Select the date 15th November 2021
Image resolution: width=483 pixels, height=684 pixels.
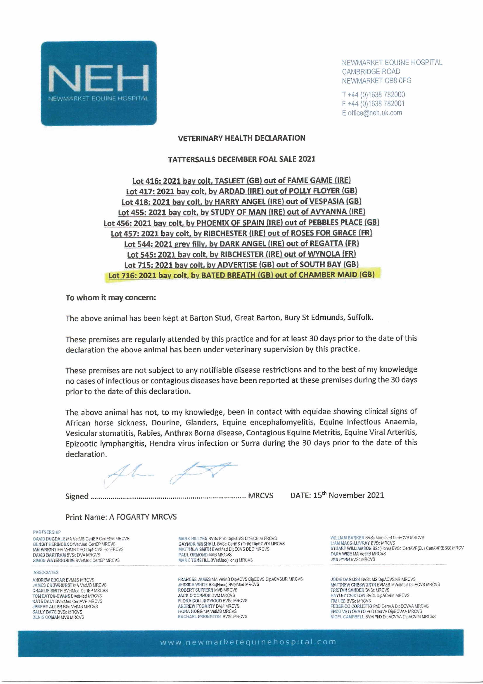pyautogui.click(x=348, y=495)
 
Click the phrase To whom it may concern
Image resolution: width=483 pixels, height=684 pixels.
pyautogui.click(x=111, y=298)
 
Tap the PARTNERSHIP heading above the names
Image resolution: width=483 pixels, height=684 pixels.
pyautogui.click(x=47, y=532)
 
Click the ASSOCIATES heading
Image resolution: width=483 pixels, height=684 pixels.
pyautogui.click(x=46, y=572)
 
